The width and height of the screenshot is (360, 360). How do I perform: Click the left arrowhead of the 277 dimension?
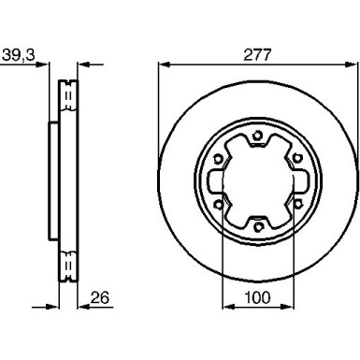point(161,65)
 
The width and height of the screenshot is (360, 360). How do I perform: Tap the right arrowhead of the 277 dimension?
point(352,65)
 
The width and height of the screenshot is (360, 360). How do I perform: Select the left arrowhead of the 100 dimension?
point(224,311)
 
